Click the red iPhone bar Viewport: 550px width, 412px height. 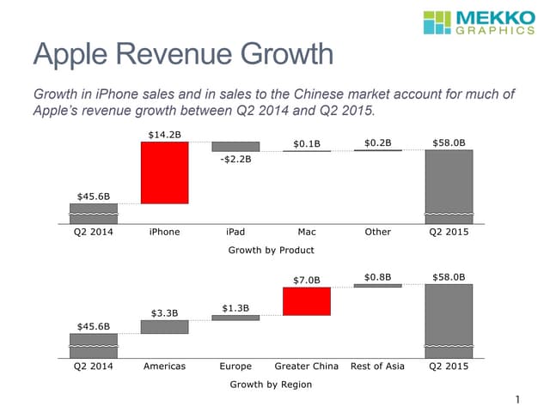[164, 173]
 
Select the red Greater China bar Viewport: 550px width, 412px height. [307, 301]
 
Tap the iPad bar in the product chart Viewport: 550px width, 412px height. [235, 147]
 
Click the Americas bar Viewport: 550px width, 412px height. [164, 327]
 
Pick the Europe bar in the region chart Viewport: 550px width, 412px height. [235, 318]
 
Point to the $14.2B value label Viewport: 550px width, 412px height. [164, 134]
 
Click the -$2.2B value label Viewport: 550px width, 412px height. [235, 160]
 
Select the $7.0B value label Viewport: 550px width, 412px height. [307, 280]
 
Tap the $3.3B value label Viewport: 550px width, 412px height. [164, 312]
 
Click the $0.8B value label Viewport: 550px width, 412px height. [378, 277]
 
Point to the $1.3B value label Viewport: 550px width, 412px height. [235, 307]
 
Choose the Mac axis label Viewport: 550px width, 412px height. [307, 232]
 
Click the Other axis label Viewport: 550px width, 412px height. [378, 232]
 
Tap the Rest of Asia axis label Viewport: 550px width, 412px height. [378, 367]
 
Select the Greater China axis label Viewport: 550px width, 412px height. [307, 367]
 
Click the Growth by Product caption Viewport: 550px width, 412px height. [271, 250]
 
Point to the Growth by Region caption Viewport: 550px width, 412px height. [271, 385]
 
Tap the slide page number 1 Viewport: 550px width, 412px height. [518, 399]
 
